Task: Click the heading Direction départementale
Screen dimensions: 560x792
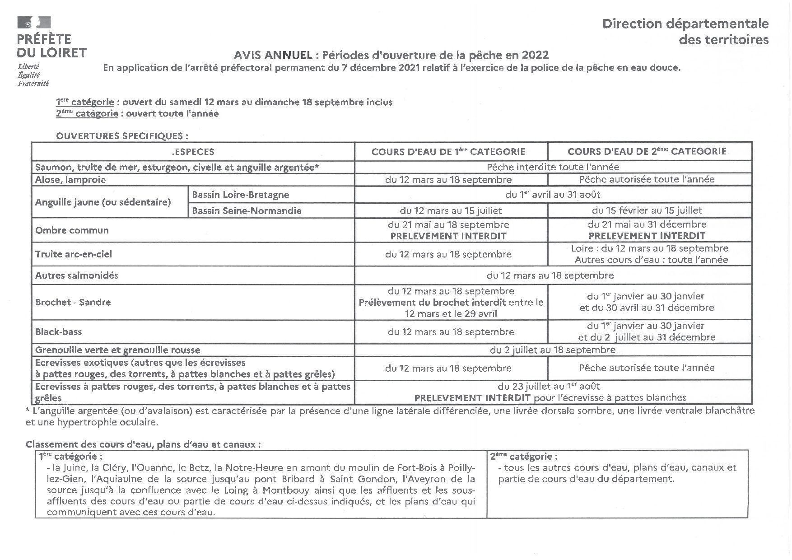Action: [x=685, y=23]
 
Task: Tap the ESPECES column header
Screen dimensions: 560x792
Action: [x=193, y=152]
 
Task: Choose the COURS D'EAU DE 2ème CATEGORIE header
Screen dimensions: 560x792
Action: [x=647, y=151]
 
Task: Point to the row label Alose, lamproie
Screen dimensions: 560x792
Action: [x=70, y=180]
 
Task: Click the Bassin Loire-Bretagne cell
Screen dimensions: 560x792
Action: [x=241, y=195]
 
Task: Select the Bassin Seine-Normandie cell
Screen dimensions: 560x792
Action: [x=247, y=210]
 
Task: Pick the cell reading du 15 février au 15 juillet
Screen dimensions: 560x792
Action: [x=647, y=210]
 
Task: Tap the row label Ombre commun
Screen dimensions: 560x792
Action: [x=72, y=230]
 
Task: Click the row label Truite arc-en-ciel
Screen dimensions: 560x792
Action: [x=74, y=254]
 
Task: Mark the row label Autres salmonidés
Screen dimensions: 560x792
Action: [x=77, y=275]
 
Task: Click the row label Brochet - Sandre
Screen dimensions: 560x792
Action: [x=73, y=302]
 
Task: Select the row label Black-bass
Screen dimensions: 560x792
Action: [x=59, y=332]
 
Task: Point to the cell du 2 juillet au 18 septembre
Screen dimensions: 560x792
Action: [x=552, y=350]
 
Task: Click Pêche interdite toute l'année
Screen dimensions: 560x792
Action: [x=552, y=167]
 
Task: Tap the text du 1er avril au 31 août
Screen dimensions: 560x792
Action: [x=552, y=195]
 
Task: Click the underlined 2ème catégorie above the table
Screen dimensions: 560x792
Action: [x=87, y=114]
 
